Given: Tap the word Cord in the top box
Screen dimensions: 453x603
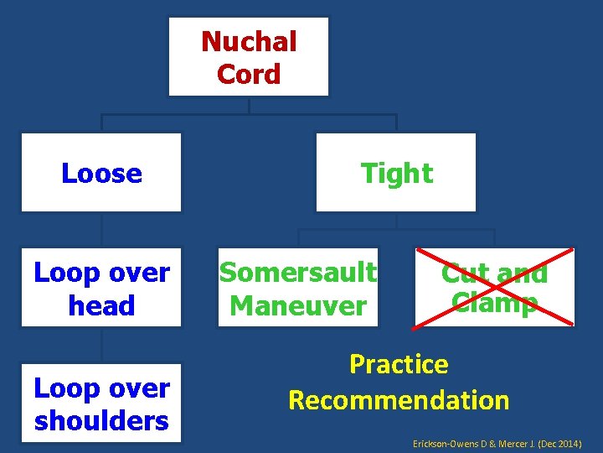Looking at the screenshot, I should (x=249, y=74).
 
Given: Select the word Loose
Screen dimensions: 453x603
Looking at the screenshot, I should (x=101, y=174).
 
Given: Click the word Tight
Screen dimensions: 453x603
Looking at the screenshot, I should (x=396, y=174).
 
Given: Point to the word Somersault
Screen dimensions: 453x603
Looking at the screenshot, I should (x=298, y=272).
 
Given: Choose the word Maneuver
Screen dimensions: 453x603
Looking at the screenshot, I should (x=298, y=305).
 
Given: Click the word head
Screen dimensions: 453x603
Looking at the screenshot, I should (x=101, y=305).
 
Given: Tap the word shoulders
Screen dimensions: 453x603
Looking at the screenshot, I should (x=101, y=420).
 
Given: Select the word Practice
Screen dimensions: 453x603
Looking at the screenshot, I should (x=399, y=364).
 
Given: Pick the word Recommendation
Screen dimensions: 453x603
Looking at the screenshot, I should (x=399, y=400).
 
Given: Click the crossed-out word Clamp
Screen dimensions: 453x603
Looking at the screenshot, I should (x=494, y=302).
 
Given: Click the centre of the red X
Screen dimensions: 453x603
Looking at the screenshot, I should (x=494, y=286).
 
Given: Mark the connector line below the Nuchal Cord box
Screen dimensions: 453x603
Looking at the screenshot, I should (x=249, y=106).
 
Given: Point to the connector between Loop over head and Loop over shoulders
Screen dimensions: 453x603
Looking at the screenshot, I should (x=101, y=345).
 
